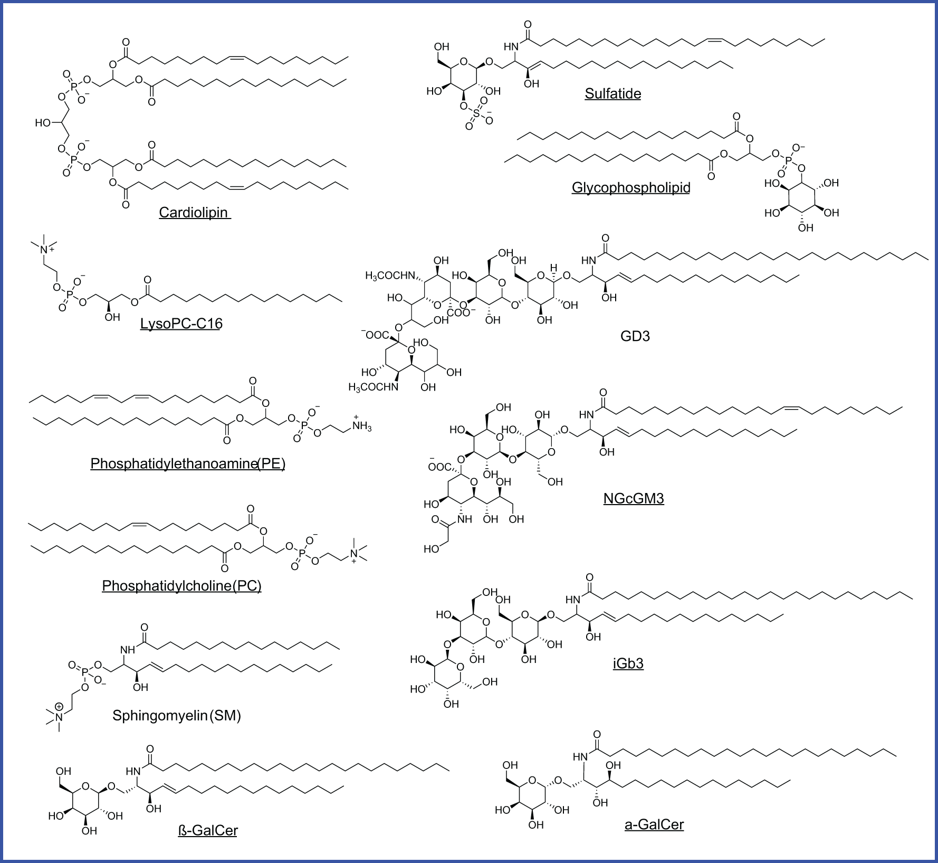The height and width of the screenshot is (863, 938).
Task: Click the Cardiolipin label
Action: click(x=194, y=213)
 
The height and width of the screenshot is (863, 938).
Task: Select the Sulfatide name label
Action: click(x=612, y=94)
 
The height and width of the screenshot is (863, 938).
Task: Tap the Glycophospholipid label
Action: click(x=631, y=188)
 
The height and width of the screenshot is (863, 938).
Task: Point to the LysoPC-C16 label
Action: click(x=181, y=324)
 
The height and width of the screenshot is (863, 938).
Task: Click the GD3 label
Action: click(x=635, y=336)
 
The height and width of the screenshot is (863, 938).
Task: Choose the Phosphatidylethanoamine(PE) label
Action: click(x=188, y=464)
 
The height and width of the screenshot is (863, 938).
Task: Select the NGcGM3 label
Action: click(x=634, y=499)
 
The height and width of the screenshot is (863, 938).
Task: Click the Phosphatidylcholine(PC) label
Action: click(x=181, y=586)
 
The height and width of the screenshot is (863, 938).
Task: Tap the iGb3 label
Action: click(x=628, y=663)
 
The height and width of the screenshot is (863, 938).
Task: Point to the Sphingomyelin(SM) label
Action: click(x=177, y=716)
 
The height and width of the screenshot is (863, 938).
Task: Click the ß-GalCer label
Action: click(x=208, y=831)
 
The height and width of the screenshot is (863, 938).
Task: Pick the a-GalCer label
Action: click(x=654, y=824)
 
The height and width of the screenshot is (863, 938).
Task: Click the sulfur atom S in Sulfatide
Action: click(x=476, y=113)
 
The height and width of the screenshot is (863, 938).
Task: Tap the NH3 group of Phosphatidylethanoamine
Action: click(x=361, y=426)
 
